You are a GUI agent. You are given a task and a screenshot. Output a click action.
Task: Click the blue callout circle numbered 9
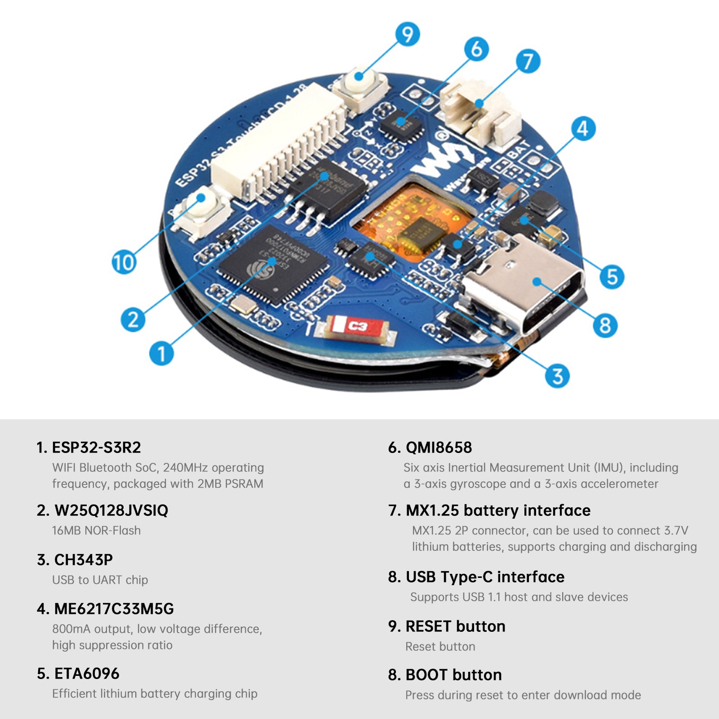click(407, 35)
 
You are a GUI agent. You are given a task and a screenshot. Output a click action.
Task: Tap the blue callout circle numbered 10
click(124, 262)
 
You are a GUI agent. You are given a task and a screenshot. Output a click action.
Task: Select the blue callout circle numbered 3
click(557, 376)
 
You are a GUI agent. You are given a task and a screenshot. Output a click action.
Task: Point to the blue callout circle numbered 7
click(528, 62)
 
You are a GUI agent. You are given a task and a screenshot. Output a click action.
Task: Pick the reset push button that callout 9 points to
click(359, 88)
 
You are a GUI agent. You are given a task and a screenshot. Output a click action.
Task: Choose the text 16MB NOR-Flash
click(96, 530)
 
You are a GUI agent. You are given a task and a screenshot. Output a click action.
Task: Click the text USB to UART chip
click(100, 580)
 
